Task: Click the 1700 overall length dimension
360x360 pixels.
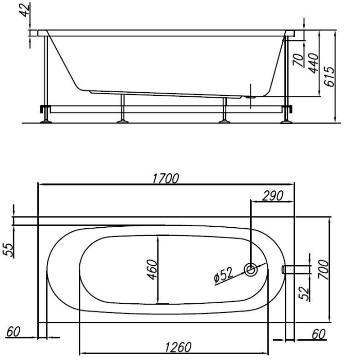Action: click(x=166, y=179)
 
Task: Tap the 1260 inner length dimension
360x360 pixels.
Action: click(x=178, y=347)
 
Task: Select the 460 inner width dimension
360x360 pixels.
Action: click(x=152, y=270)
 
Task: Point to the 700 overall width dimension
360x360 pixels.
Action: click(x=323, y=269)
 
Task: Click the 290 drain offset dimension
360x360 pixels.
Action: click(x=273, y=196)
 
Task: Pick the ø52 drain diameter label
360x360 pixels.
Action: click(x=223, y=274)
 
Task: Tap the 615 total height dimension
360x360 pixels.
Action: click(x=329, y=76)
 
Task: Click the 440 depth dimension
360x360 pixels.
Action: click(x=313, y=63)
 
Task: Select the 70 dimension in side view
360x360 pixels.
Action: click(x=298, y=60)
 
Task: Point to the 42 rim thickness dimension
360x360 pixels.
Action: click(x=25, y=9)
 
